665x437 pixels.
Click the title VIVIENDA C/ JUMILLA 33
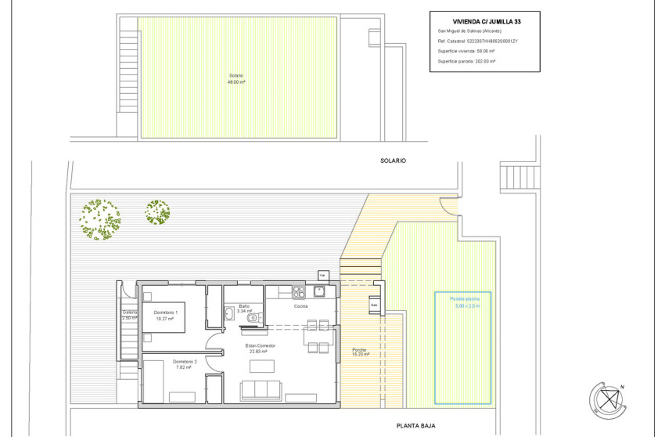click(x=485, y=21)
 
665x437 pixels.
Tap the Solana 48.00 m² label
click(x=236, y=79)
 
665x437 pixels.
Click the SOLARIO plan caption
click(x=395, y=160)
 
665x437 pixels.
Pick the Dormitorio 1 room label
click(x=166, y=316)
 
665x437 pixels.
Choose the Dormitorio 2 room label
click(x=165, y=363)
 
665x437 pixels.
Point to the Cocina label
click(x=301, y=307)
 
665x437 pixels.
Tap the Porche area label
click(x=359, y=352)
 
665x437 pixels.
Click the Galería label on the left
click(x=129, y=315)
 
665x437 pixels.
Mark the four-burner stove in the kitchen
click(x=297, y=292)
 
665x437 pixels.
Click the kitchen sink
click(x=319, y=292)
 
